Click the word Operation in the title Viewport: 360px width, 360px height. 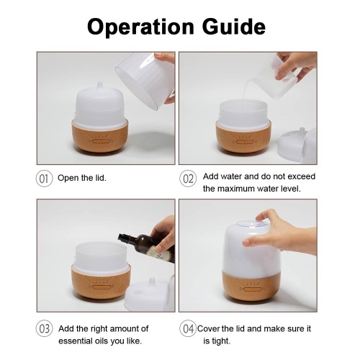pyautogui.click(x=140, y=27)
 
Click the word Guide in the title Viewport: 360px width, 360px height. pyautogui.click(x=233, y=26)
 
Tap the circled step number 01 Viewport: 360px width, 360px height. pyautogui.click(x=44, y=179)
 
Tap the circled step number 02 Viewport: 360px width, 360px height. pyautogui.click(x=188, y=179)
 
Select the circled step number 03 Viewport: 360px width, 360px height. pyautogui.click(x=44, y=328)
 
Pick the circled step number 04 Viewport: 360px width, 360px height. pyautogui.click(x=188, y=328)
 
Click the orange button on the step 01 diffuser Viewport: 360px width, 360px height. pyautogui.click(x=101, y=141)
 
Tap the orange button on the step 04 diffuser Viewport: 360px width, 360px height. pyautogui.click(x=252, y=289)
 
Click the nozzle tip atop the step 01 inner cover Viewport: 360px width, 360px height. pyautogui.click(x=100, y=84)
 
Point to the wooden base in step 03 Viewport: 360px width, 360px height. pyautogui.click(x=101, y=282)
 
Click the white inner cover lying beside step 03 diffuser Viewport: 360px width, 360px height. pyautogui.click(x=150, y=294)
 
